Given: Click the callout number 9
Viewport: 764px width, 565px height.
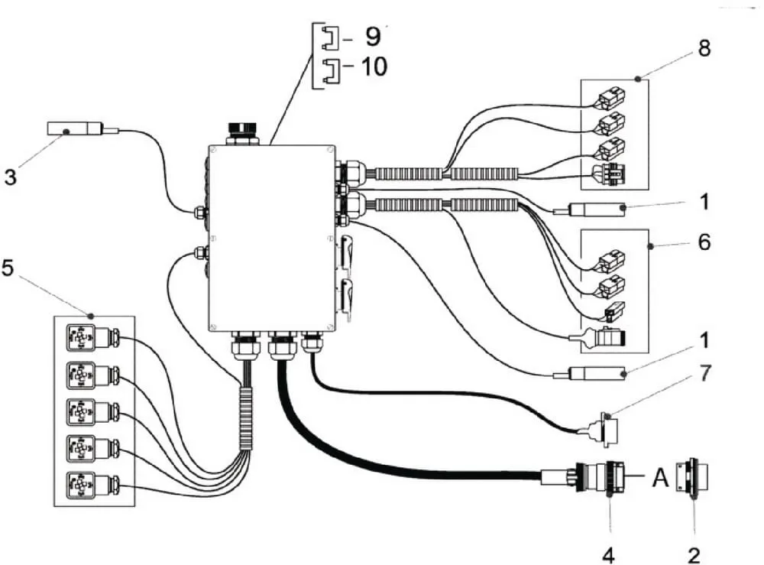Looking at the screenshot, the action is pos(373,37).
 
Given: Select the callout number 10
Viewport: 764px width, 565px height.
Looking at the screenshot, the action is pos(374,67).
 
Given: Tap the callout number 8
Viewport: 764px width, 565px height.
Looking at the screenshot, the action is pos(704,48).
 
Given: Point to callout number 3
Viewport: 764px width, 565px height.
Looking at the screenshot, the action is pos(10,177).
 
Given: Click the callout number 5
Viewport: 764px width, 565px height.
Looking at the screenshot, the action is pos(8,268).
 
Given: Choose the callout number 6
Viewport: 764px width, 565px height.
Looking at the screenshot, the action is pos(704,242).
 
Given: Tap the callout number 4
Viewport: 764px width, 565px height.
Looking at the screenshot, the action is pos(608,555).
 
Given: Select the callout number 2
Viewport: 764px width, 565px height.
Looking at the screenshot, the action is pos(694,555).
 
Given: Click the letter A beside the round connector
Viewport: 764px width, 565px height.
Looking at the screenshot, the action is pos(660,478).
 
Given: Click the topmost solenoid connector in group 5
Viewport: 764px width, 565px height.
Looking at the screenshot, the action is pos(93,338).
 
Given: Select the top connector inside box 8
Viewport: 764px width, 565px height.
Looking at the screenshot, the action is pos(609,99).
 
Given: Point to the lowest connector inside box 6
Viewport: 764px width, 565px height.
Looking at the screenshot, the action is pos(598,337).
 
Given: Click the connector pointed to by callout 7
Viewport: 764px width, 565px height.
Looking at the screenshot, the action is pos(604,429).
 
